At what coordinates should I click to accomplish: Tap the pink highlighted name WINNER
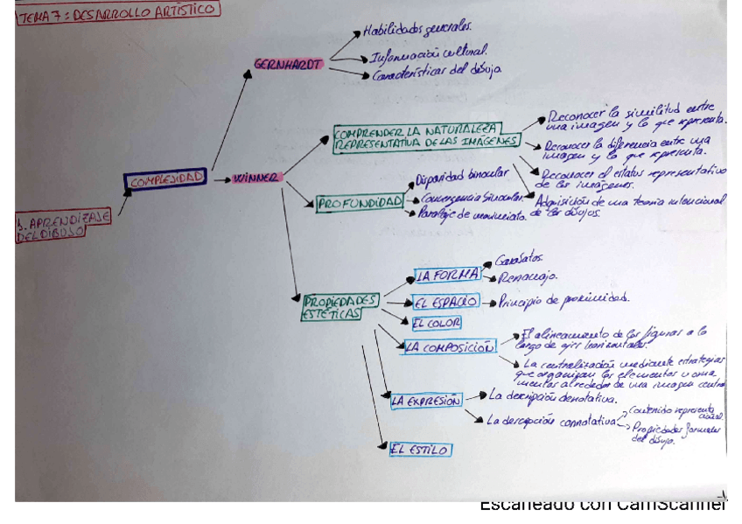(x=257, y=178)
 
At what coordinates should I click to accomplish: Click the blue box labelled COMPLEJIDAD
(x=165, y=179)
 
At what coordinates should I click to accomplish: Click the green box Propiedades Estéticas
(x=341, y=306)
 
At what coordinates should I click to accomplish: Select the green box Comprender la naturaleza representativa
(x=426, y=137)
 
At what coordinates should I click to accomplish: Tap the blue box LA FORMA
(x=447, y=275)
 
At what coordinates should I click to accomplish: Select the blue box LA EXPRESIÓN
(x=425, y=401)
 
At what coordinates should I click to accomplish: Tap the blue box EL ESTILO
(x=421, y=450)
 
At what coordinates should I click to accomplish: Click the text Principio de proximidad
(x=563, y=299)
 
